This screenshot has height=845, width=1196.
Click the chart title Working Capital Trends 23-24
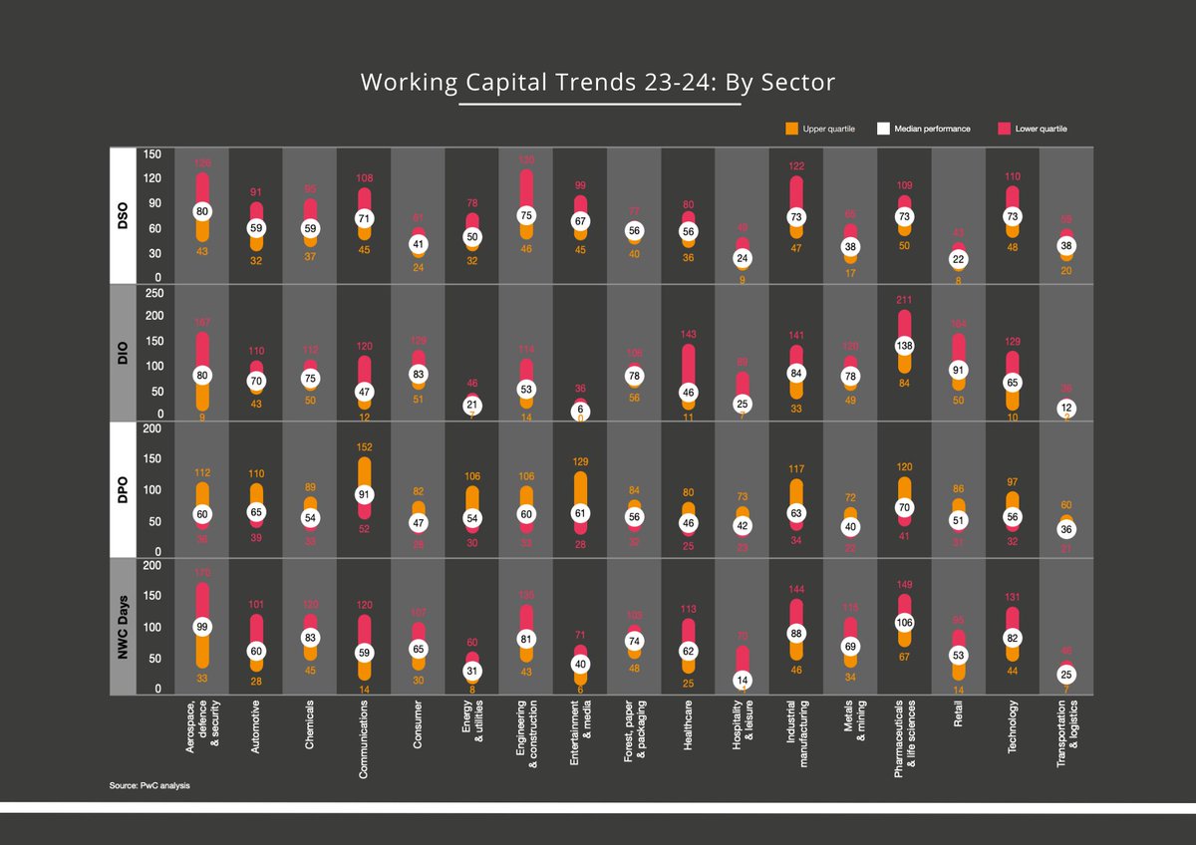coord(597,82)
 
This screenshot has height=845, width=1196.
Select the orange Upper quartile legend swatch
coord(792,129)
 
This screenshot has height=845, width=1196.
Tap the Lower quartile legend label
coord(1042,129)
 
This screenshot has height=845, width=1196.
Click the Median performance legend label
coord(931,129)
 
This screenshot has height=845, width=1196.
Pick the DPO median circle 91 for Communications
coord(364,494)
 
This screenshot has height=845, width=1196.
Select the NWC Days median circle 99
coord(202,627)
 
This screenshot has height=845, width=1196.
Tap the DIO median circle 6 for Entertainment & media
coord(579,411)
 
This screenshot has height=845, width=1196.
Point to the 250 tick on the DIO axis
coord(152,294)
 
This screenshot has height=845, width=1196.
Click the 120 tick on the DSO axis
coord(152,179)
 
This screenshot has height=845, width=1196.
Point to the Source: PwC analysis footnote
coord(150,786)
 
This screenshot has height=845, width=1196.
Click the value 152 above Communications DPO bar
coord(364,447)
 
